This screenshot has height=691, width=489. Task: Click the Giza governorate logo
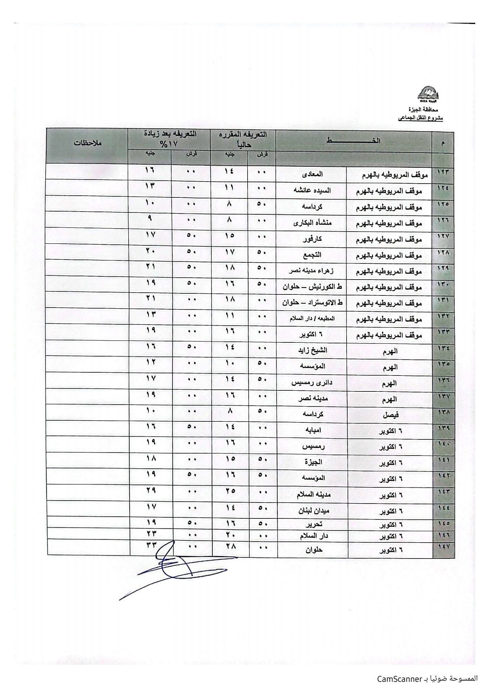[x=429, y=94]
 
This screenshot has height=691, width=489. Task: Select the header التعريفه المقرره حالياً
[x=244, y=139]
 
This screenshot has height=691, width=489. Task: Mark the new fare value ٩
[x=150, y=218]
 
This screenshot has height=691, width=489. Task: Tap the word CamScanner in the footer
[x=400, y=679]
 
